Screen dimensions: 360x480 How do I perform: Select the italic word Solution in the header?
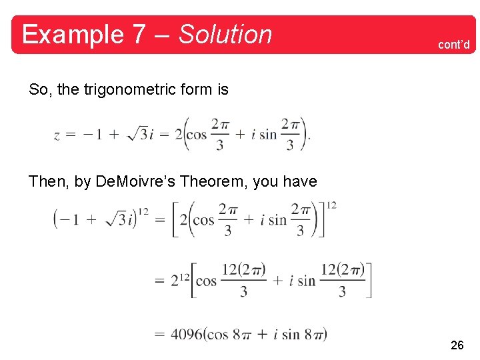click(x=225, y=35)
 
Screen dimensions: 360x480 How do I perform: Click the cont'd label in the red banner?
click(x=453, y=45)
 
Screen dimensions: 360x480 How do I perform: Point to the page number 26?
click(x=457, y=345)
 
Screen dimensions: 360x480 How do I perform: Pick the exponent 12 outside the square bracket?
click(x=331, y=205)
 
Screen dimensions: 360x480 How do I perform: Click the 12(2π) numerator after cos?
click(x=243, y=270)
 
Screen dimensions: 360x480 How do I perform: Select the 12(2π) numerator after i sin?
click(x=342, y=270)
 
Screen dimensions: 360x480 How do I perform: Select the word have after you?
click(x=300, y=181)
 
